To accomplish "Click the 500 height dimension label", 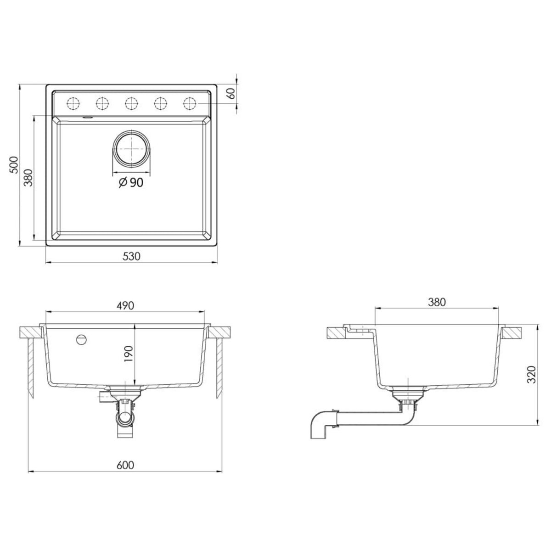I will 14,164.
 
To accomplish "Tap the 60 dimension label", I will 231,94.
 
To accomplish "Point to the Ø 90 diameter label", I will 131,183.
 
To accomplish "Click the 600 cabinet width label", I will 125,465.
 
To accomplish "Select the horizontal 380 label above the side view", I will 437,302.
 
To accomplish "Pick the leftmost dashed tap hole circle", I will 73,103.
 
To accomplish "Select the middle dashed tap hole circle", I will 131,103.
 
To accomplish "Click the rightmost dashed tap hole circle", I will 189,103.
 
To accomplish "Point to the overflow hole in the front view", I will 81,340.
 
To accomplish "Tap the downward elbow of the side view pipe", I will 319,425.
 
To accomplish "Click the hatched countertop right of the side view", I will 512,333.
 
